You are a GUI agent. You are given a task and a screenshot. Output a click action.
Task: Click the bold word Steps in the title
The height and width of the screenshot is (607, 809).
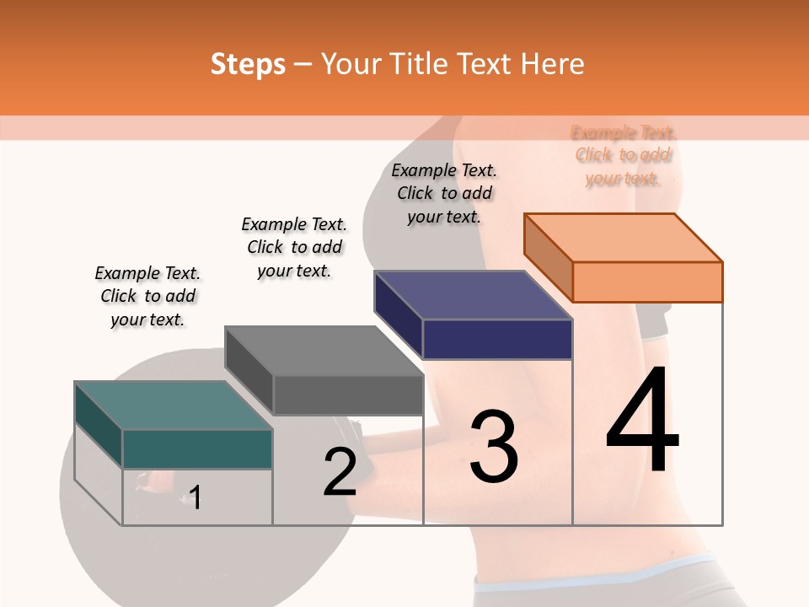coord(248,64)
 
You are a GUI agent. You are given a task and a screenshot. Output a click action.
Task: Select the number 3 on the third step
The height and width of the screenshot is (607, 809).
coord(494,447)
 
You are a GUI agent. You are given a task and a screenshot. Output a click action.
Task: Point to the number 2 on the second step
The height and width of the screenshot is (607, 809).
coord(340,472)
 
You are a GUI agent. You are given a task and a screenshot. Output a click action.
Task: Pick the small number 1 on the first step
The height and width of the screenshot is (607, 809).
coord(195,497)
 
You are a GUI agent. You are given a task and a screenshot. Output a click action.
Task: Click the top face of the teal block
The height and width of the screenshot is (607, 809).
coord(172,405)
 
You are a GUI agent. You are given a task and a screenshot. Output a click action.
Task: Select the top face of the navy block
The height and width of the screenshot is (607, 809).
coord(472,295)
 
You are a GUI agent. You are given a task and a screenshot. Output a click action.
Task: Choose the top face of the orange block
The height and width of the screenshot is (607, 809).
coord(624,238)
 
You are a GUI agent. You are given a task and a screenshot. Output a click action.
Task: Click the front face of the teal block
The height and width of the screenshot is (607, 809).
coord(197,449)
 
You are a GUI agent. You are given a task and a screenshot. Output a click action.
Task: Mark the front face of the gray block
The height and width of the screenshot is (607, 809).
coord(347,395)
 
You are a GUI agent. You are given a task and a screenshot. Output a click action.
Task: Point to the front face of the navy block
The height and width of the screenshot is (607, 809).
coord(497,339)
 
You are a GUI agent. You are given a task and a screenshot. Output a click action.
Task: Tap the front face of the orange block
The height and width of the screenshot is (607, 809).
coord(647,282)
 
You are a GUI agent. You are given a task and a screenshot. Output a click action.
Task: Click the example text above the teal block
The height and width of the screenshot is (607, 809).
coord(147,296)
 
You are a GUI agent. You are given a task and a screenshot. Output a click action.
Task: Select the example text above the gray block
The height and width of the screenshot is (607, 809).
coord(294,247)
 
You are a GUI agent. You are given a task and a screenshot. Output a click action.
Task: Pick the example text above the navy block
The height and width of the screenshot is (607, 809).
coord(444,193)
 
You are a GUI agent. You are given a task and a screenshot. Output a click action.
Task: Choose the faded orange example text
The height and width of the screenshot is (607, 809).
coord(624,155)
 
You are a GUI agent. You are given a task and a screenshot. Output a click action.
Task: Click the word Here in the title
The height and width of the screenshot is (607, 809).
coord(553,64)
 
